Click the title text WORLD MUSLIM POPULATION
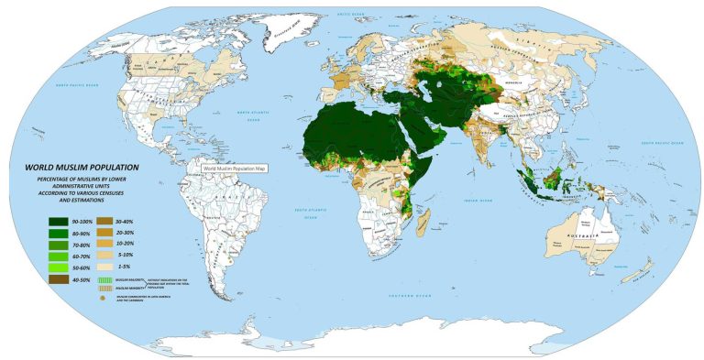point(82,168)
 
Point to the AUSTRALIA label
point(580,236)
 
